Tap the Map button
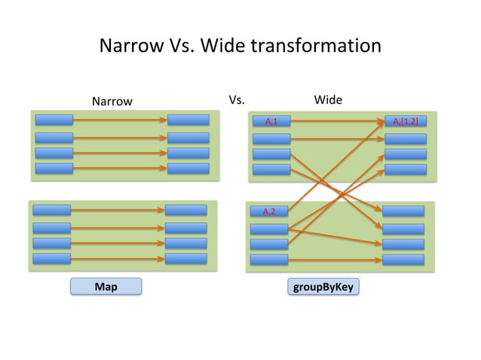click(106, 286)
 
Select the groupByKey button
click(323, 286)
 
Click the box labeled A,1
click(270, 120)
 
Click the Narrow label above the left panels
click(112, 101)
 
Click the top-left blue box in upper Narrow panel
click(54, 119)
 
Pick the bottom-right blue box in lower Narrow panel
click(185, 258)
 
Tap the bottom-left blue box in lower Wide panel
click(268, 260)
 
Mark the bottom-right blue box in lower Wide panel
click(403, 260)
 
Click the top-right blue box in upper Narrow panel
click(188, 119)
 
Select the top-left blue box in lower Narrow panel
click(51, 210)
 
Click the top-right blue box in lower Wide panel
click(403, 210)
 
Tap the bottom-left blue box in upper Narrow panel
click(54, 168)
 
